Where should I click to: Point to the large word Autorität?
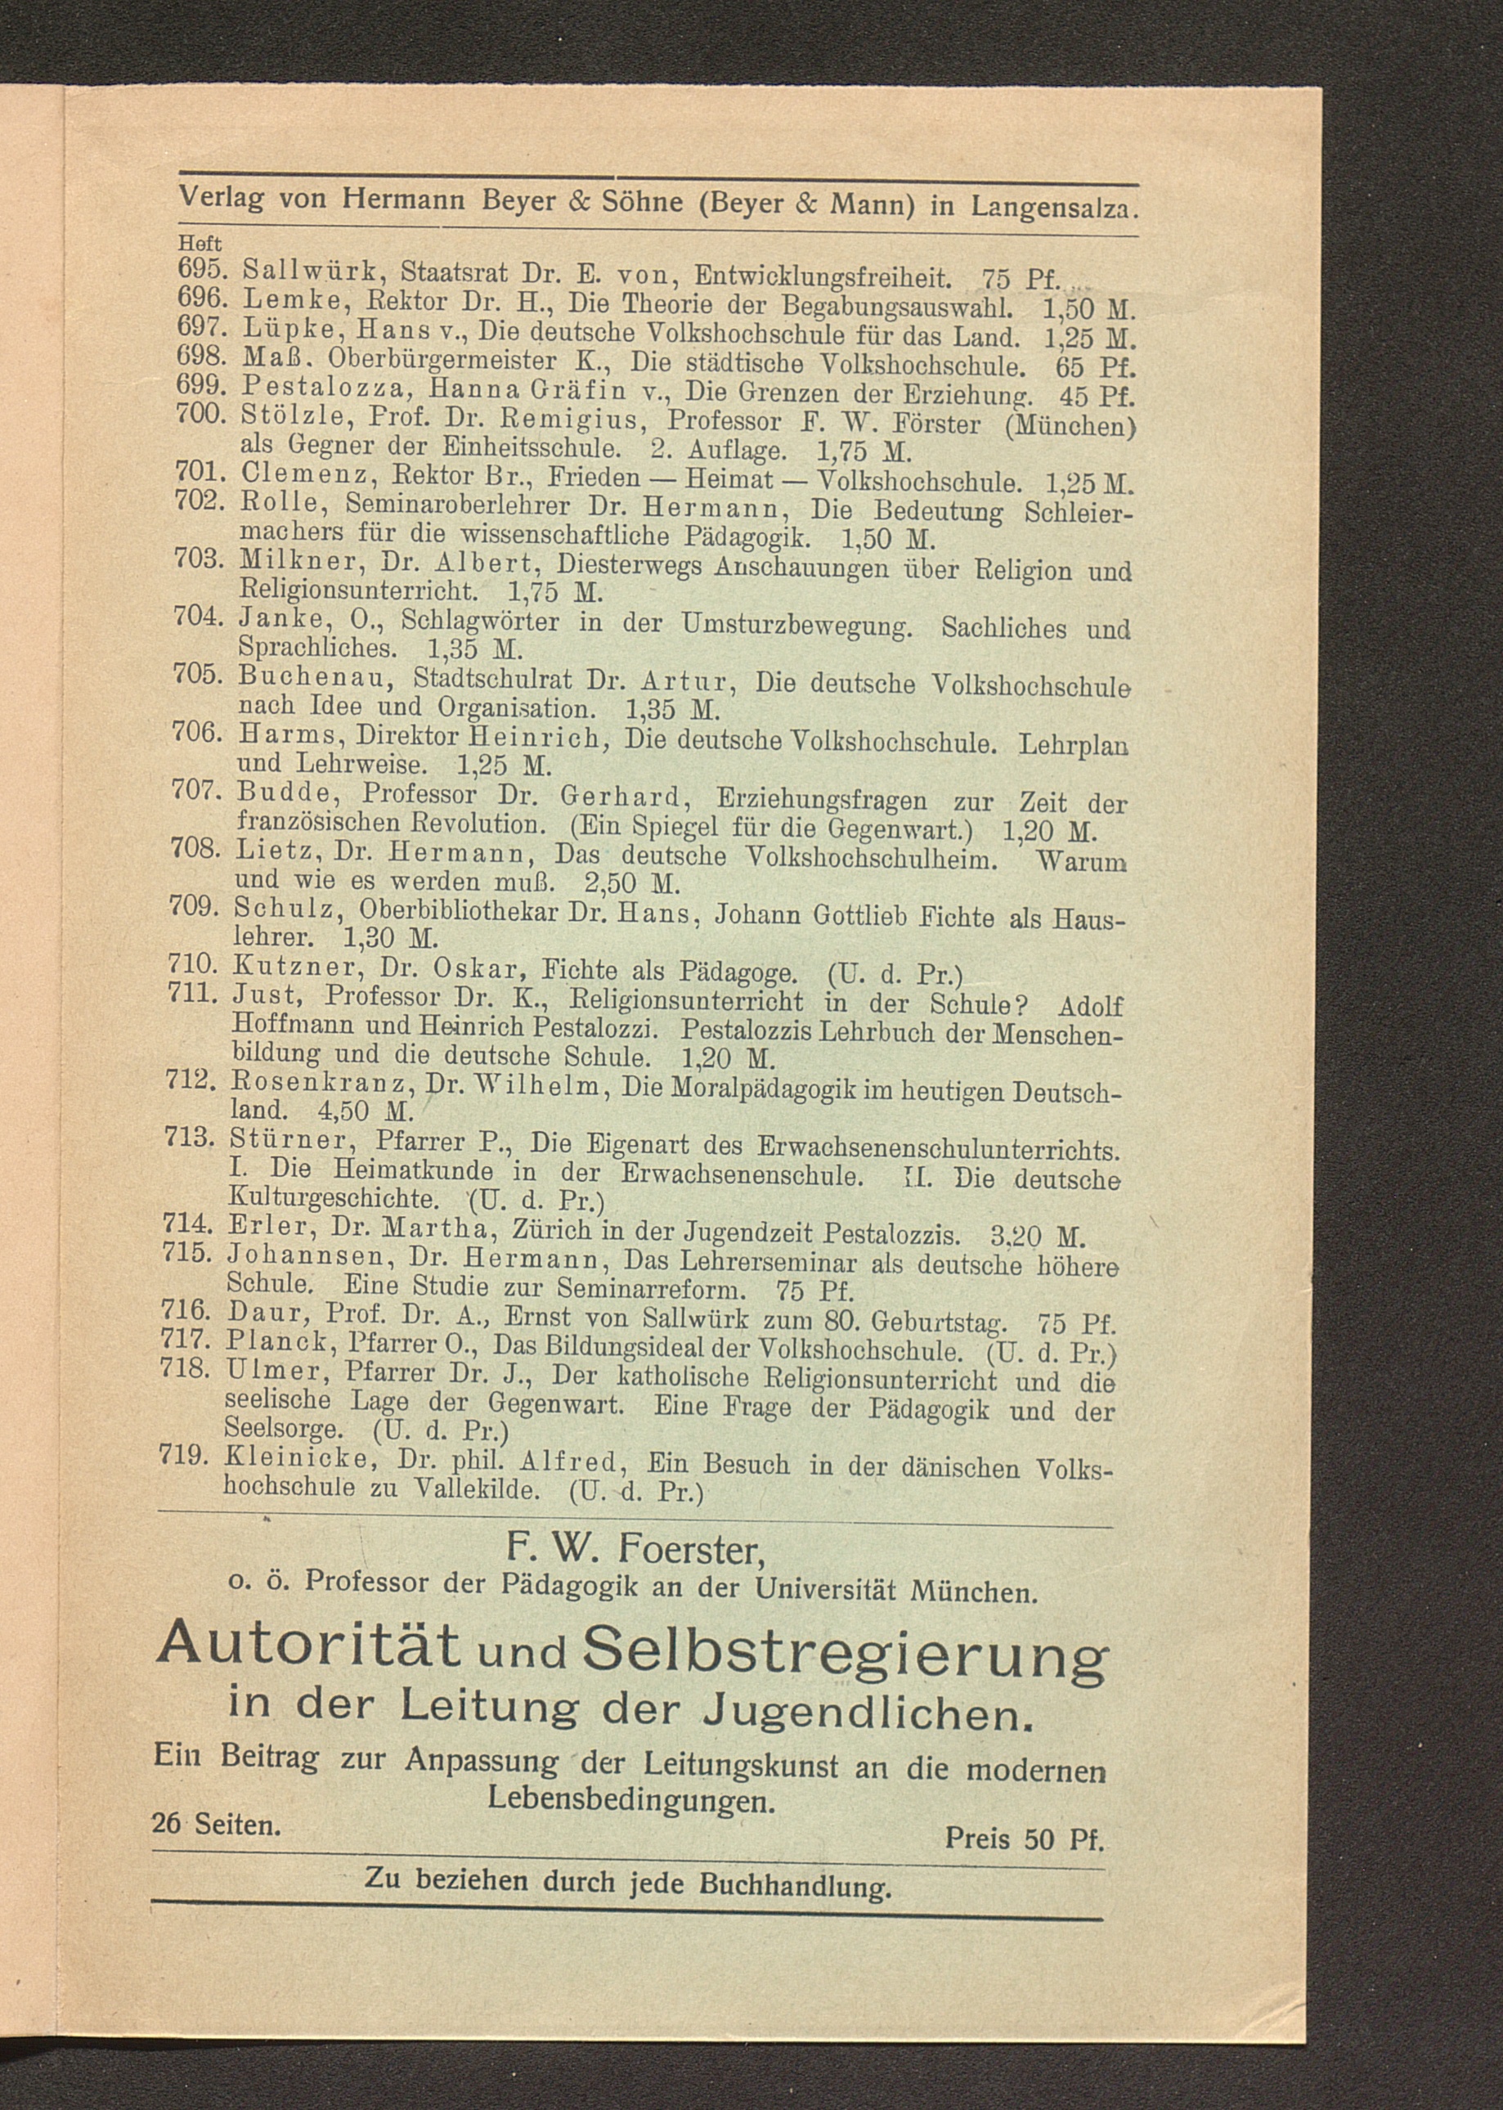(309, 1641)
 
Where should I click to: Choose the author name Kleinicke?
(297, 1459)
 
